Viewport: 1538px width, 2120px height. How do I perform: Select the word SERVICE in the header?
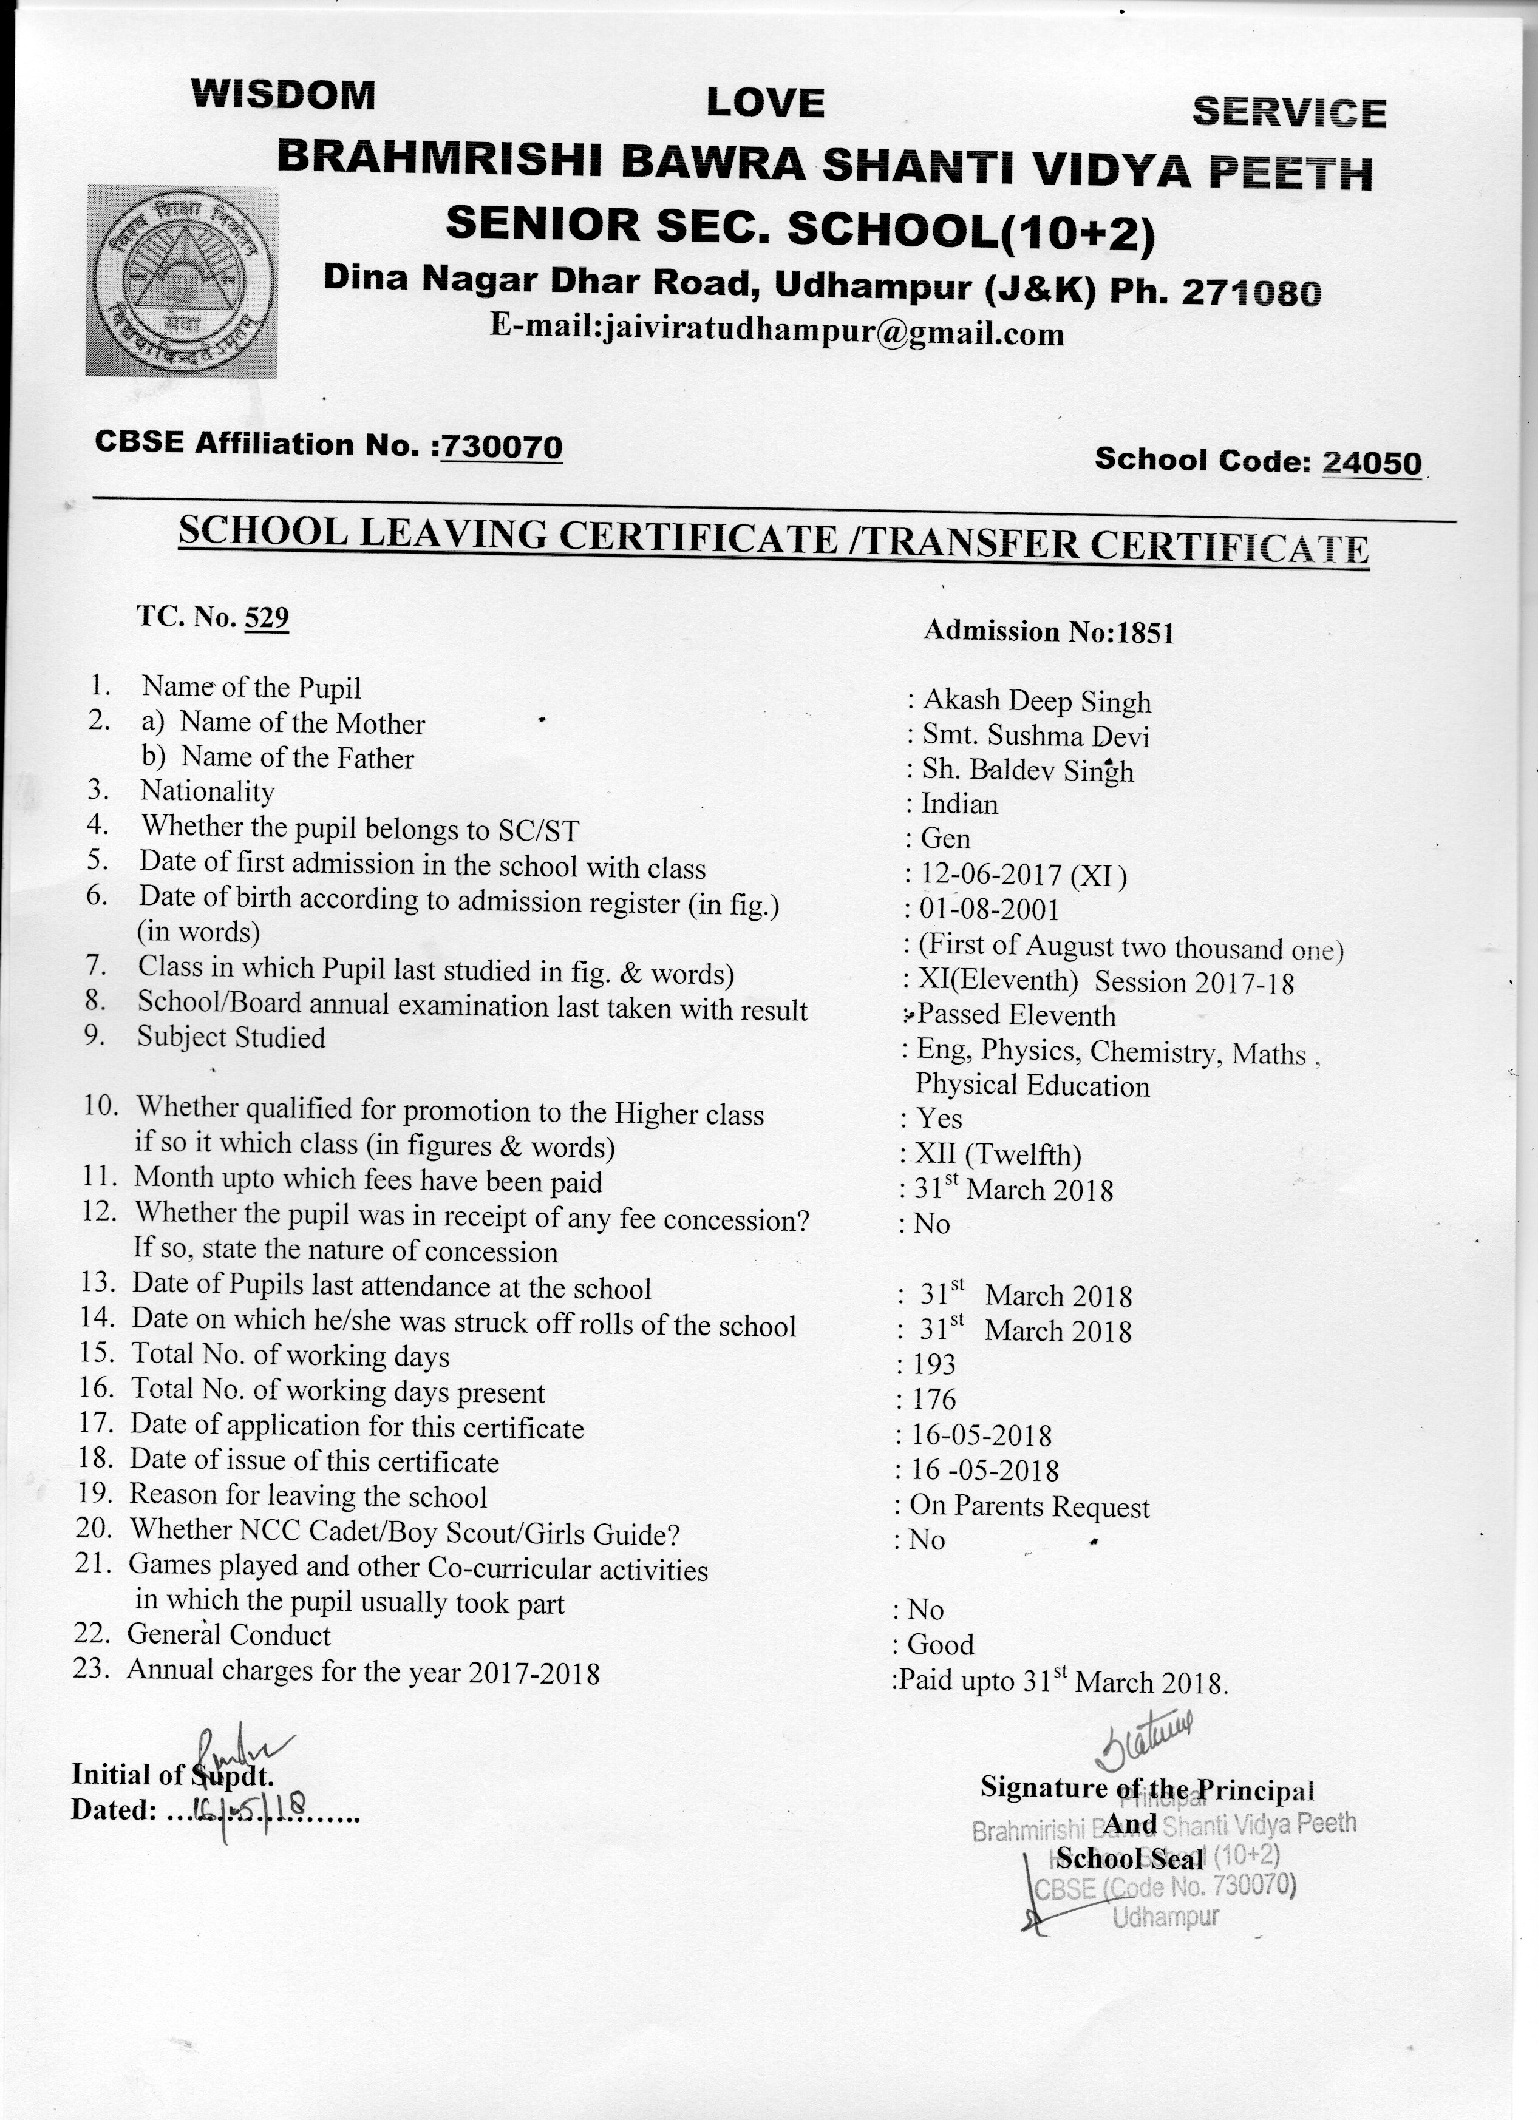click(x=1288, y=113)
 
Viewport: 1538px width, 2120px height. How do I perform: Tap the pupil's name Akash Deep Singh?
click(x=1036, y=701)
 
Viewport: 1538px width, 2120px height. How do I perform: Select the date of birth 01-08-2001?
click(x=989, y=909)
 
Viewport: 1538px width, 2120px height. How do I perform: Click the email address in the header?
click(x=777, y=332)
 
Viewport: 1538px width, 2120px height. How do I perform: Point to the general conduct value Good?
click(x=941, y=1644)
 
